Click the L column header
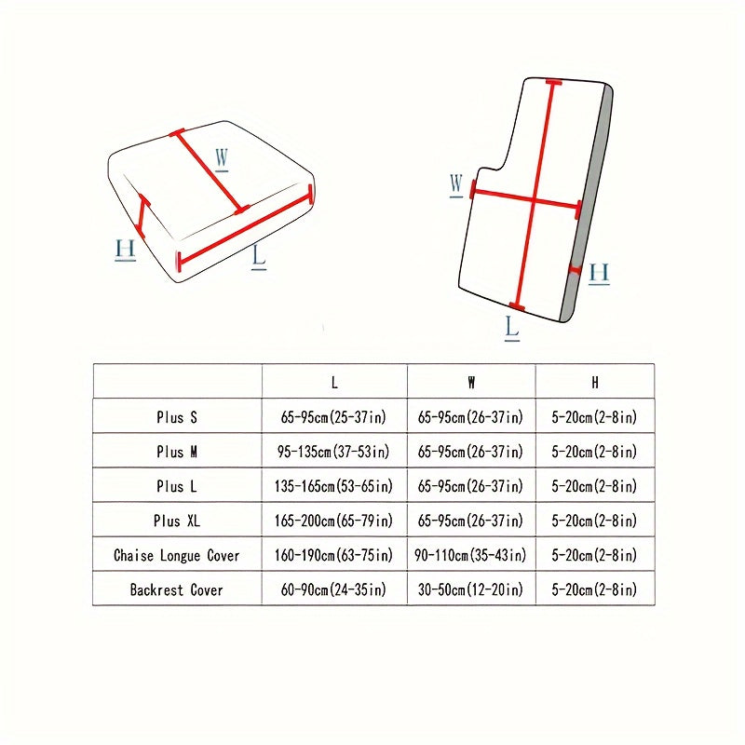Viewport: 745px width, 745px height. (334, 383)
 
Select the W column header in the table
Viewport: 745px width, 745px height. (471, 383)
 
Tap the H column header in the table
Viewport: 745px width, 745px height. (595, 383)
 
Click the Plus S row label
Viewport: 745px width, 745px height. (177, 417)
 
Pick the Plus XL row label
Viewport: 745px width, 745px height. (177, 521)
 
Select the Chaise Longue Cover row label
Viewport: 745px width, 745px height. (177, 555)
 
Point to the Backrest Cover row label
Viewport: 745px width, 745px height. (177, 589)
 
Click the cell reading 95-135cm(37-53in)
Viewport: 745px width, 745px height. (333, 452)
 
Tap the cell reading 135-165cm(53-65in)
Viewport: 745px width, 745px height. (333, 486)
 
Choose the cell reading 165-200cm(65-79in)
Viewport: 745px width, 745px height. (333, 521)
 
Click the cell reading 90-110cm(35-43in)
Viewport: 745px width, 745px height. (470, 555)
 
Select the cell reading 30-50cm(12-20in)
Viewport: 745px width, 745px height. (470, 589)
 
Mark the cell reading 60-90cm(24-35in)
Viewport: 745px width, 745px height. (333, 589)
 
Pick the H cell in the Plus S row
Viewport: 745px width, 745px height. (594, 417)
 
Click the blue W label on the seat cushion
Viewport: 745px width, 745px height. (222, 158)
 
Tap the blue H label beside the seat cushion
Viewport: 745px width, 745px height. (126, 250)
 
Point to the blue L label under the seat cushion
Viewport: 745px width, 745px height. (259, 257)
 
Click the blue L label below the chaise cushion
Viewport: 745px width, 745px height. (511, 329)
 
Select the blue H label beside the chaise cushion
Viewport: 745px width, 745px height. (599, 274)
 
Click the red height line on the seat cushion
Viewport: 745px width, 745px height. (142, 215)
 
